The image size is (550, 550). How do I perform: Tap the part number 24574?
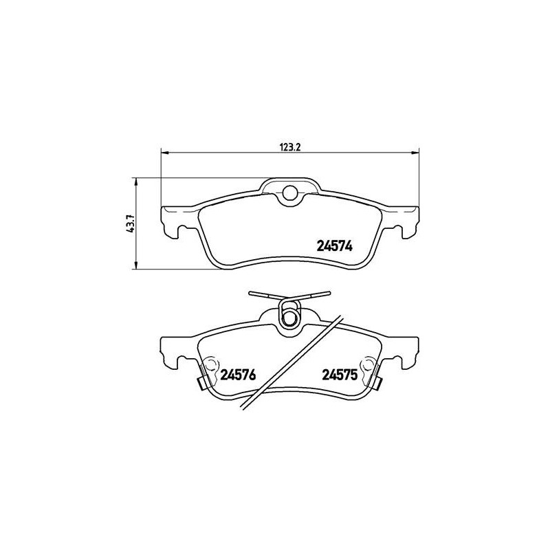coord(334,245)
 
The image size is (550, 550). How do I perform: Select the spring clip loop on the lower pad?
coord(291,318)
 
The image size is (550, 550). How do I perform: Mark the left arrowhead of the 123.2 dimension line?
coord(164,151)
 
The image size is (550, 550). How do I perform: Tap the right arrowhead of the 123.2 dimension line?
coord(415,151)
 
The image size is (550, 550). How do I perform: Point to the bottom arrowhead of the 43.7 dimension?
coord(137,265)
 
